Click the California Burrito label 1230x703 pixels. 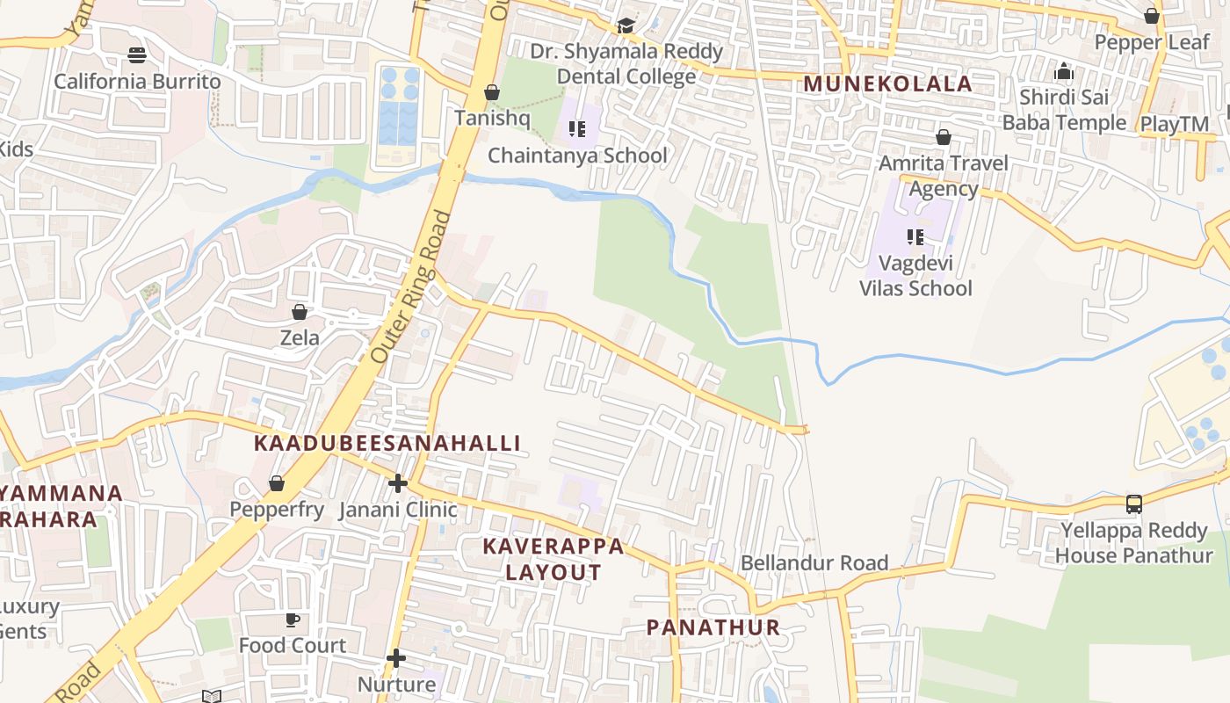(x=138, y=82)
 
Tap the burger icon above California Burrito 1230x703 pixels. (x=136, y=55)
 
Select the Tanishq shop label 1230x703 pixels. (x=491, y=118)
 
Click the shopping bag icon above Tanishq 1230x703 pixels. (x=492, y=92)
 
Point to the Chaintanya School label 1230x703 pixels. (x=577, y=156)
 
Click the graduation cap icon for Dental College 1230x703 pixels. (x=626, y=26)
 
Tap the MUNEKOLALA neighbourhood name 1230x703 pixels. (x=887, y=83)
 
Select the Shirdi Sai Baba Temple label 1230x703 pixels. (x=1064, y=110)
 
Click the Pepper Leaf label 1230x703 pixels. (x=1152, y=42)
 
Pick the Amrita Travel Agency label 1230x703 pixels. (x=944, y=176)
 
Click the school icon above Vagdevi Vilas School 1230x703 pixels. (x=915, y=237)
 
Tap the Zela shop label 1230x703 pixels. (x=300, y=337)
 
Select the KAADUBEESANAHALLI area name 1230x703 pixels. (x=387, y=443)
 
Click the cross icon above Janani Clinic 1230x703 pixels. (x=398, y=483)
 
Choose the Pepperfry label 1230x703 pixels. (x=277, y=509)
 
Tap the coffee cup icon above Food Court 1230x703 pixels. (x=293, y=620)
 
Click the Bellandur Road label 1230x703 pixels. (x=814, y=562)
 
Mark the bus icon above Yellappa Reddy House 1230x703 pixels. (x=1134, y=504)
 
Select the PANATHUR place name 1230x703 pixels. (x=713, y=627)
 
